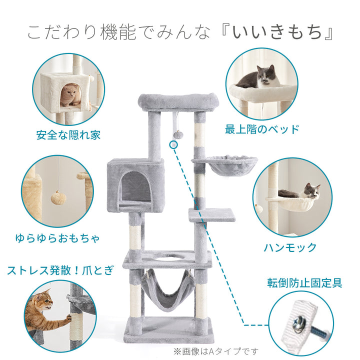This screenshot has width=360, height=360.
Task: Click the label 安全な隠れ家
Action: [x=68, y=134]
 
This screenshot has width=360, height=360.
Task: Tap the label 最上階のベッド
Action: [x=261, y=129]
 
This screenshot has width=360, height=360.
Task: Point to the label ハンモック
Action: [x=290, y=247]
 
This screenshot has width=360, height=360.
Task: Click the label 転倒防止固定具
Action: [x=304, y=283]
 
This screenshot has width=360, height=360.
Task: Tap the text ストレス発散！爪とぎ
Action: [x=60, y=270]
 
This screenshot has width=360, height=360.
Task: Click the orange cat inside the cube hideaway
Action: [x=69, y=94]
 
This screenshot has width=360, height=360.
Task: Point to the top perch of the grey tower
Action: [x=178, y=101]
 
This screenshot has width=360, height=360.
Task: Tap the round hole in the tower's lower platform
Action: [x=168, y=258]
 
